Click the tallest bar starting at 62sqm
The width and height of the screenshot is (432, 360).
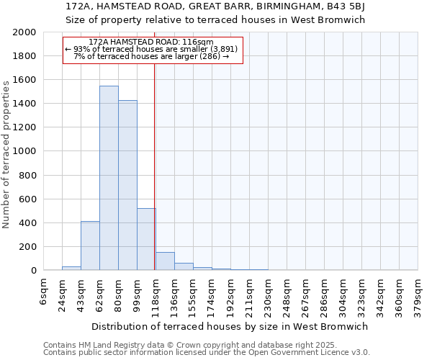109,178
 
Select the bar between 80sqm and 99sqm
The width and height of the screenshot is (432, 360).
127,185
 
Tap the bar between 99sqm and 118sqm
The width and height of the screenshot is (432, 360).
146,239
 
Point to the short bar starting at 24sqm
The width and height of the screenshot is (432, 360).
71,268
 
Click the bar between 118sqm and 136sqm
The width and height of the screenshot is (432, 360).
165,261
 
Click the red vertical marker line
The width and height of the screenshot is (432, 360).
155,166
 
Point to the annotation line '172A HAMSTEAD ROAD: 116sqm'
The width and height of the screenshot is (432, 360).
152,42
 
